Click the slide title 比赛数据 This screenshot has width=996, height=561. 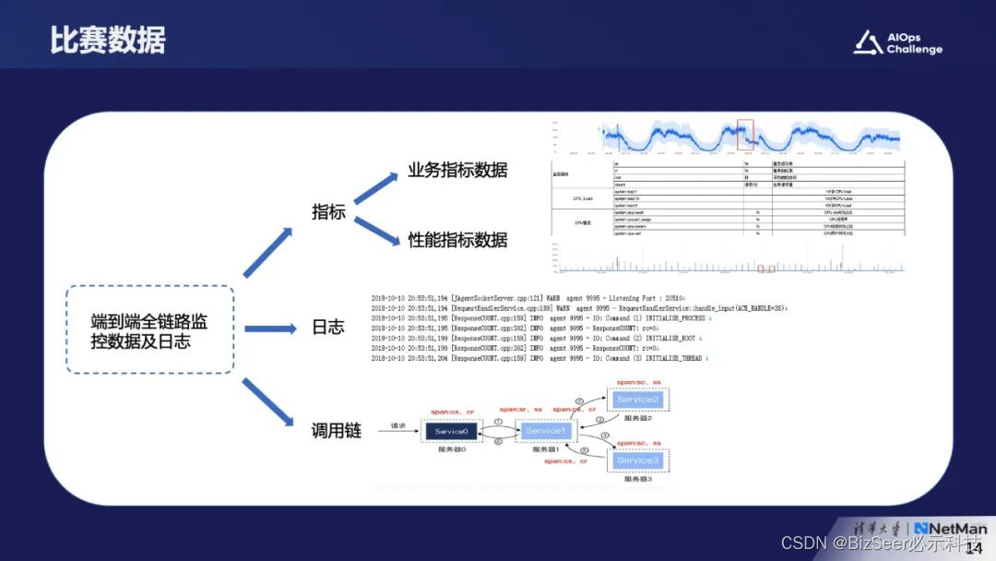108,41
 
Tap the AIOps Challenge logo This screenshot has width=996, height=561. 897,42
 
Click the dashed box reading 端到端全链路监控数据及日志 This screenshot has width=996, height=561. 149,329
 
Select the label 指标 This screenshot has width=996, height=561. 328,212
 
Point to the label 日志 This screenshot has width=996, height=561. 327,328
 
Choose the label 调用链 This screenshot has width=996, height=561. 336,431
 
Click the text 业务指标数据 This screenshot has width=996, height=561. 457,171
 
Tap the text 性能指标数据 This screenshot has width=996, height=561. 457,240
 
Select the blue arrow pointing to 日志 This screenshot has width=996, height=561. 269,328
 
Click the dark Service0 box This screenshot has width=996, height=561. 452,431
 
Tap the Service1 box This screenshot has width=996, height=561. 544,431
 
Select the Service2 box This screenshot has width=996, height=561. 638,399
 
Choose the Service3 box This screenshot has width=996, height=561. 638,460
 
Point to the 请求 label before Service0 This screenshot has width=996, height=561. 398,425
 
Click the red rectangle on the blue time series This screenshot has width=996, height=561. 745,135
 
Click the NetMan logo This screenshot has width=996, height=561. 950,530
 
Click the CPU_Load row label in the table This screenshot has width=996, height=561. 582,197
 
